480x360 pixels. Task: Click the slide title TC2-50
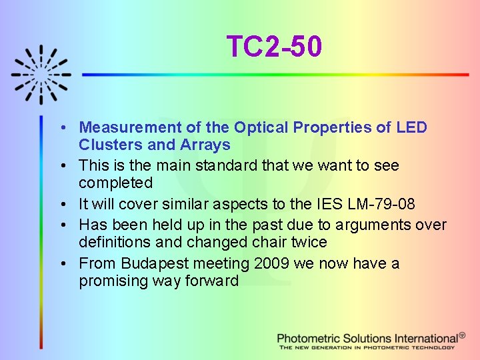coord(274,47)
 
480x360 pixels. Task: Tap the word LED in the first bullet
coord(411,127)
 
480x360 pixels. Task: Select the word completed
coord(115,183)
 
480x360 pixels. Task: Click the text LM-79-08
coord(367,203)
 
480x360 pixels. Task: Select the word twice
coord(307,242)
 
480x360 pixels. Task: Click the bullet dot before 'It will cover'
coord(61,203)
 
